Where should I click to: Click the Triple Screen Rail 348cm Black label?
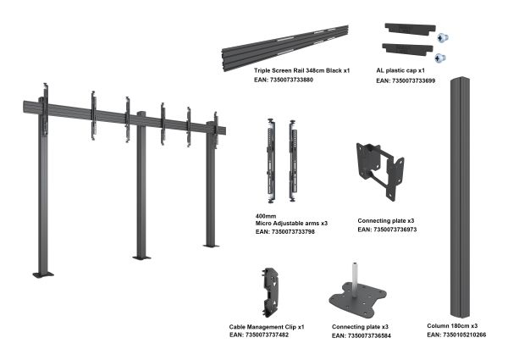point(298,70)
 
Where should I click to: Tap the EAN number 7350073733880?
point(291,80)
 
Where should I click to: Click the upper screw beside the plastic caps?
point(443,38)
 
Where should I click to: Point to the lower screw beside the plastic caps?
point(439,58)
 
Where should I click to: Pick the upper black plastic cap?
point(410,29)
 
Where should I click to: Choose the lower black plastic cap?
point(407,50)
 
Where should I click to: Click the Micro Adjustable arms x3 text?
point(291,224)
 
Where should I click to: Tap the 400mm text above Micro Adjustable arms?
point(266,216)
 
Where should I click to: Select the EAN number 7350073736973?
point(395,230)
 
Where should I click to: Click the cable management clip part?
point(271,292)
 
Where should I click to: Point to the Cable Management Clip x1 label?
point(267,327)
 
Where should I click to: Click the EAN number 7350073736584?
point(369,336)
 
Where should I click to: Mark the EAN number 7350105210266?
point(464,335)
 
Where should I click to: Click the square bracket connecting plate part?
point(380,171)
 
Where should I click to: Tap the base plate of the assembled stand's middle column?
point(141,258)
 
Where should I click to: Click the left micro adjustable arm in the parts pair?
point(271,161)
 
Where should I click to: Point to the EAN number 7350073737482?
point(267,335)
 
